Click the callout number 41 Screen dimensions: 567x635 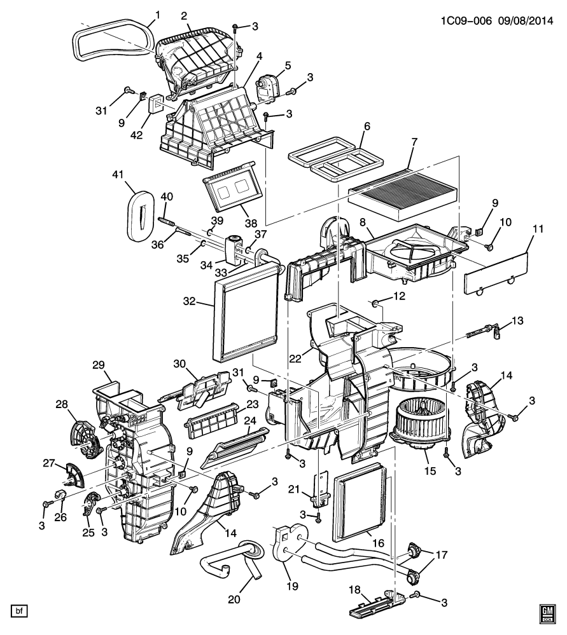(118, 175)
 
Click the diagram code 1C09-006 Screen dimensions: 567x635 (466, 20)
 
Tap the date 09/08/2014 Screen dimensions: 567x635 (526, 20)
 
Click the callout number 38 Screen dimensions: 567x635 (251, 223)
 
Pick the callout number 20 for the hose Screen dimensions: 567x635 (234, 599)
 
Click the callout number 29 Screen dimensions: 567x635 (99, 365)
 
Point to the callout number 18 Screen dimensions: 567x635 (354, 590)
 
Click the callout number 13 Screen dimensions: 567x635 (517, 321)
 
